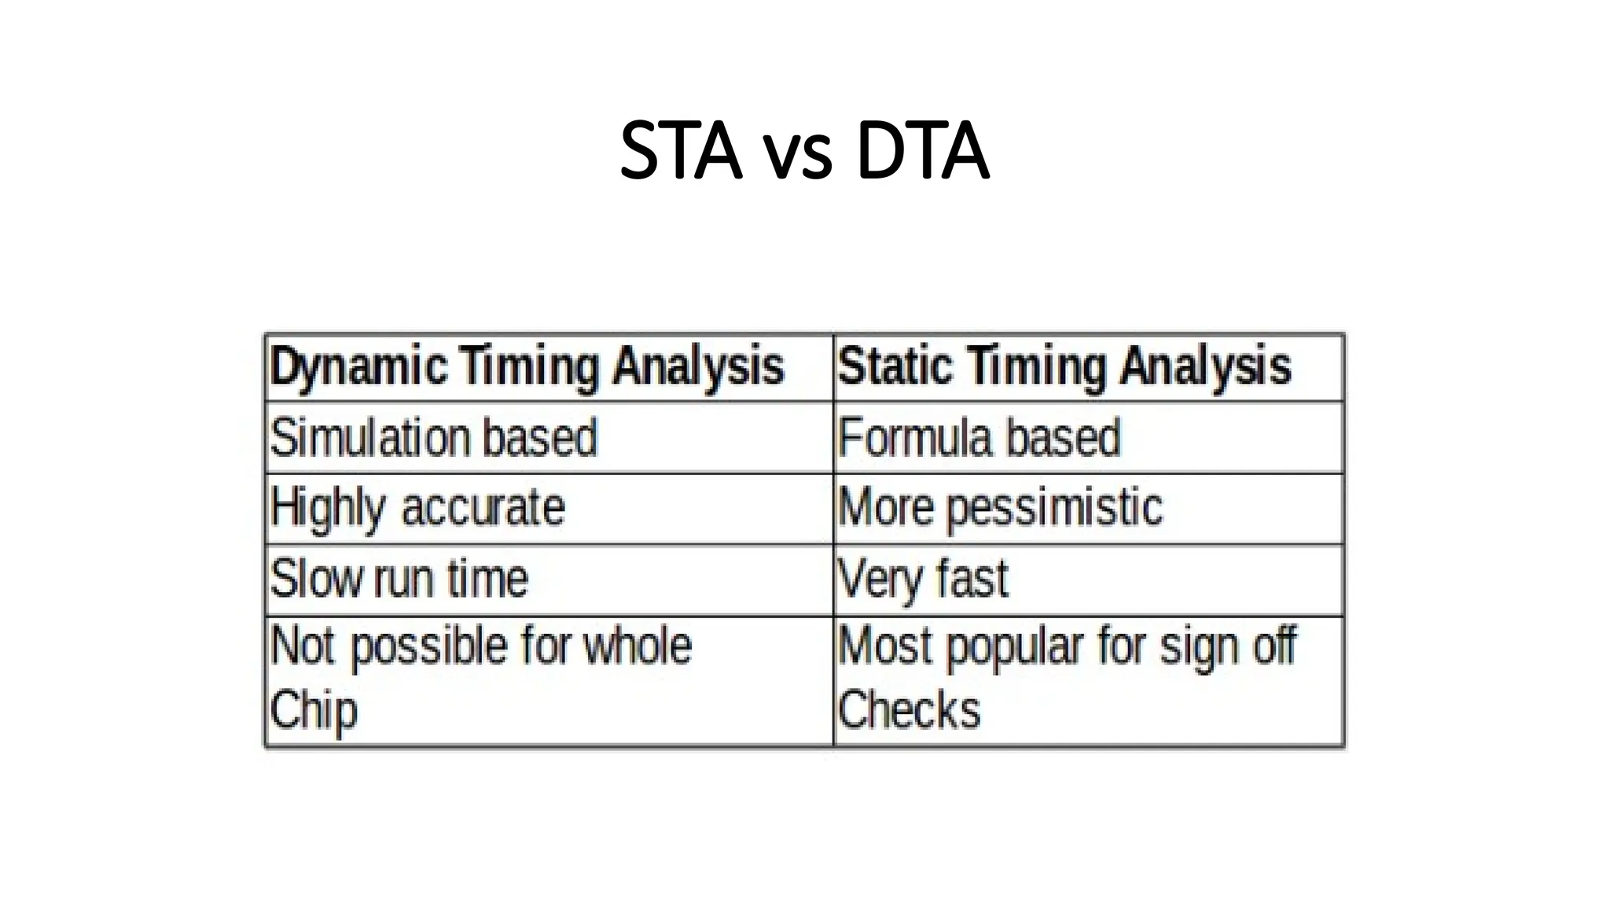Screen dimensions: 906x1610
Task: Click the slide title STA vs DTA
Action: pos(804,150)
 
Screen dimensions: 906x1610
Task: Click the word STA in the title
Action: pos(681,150)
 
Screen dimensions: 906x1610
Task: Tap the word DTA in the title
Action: pos(922,150)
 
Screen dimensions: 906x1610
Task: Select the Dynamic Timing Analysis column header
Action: pos(527,367)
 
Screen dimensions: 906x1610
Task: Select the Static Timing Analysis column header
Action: pos(1064,367)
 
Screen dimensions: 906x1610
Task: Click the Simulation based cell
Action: pos(434,437)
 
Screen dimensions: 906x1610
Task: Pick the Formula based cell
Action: pos(980,437)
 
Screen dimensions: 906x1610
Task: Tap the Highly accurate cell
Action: pos(417,508)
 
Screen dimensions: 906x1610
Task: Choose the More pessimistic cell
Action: pos(1000,508)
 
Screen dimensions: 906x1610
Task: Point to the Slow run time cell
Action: pos(399,579)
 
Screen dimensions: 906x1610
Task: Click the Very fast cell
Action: pos(923,579)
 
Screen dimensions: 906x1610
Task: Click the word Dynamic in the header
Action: pos(358,367)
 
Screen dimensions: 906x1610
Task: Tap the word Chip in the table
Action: pos(314,710)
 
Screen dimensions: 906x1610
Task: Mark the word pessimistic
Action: pos(1054,508)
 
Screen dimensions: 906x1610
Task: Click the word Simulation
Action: pos(369,437)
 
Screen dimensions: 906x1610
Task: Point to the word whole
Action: pos(637,646)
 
